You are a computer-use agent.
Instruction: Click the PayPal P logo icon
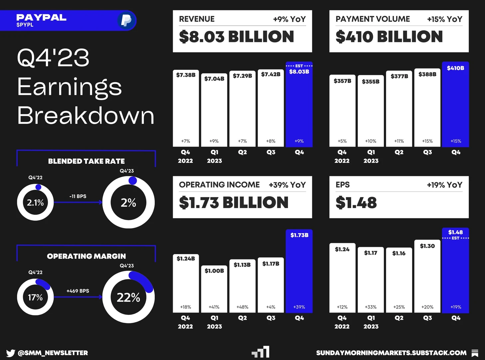click(126, 20)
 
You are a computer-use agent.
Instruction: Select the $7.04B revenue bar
click(214, 110)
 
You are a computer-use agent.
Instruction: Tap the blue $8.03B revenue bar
click(299, 105)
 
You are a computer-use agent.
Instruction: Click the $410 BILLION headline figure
click(389, 37)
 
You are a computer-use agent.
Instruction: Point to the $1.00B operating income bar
click(214, 289)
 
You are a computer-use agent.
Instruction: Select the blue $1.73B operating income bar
click(299, 271)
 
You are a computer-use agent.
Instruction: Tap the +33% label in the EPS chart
click(370, 307)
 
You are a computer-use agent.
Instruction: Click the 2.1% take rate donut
click(35, 202)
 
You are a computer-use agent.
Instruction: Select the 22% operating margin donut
click(128, 297)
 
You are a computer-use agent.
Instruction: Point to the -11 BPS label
click(78, 196)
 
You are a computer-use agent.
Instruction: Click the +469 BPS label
click(78, 291)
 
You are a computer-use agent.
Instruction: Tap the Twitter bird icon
click(10, 353)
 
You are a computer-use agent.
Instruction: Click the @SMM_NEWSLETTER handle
click(53, 353)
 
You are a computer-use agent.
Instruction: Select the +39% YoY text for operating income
click(287, 185)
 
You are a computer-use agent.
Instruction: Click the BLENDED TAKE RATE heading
click(86, 161)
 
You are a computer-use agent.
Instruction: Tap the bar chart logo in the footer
click(261, 352)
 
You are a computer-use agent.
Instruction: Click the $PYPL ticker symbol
click(25, 25)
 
